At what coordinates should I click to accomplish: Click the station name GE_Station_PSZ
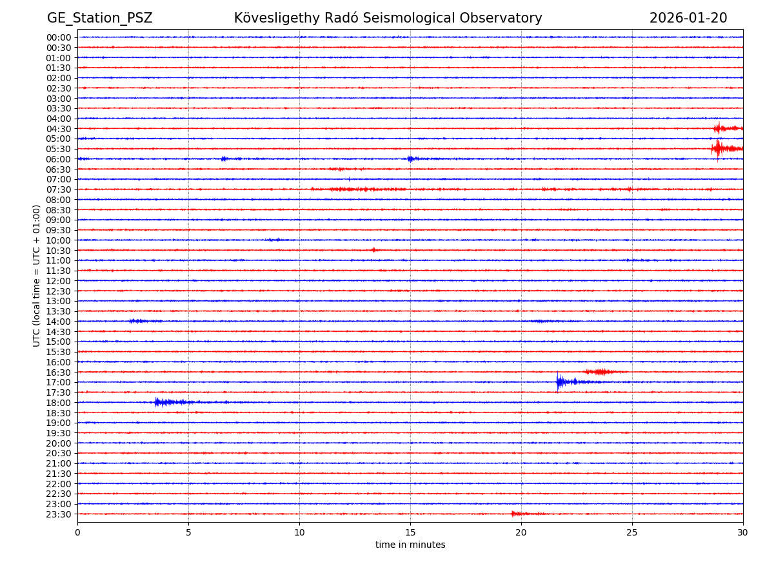click(99, 18)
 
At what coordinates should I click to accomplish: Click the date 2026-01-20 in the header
click(688, 18)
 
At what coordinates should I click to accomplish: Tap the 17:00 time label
click(59, 382)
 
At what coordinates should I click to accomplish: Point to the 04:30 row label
click(59, 128)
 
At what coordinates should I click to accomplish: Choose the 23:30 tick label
click(59, 514)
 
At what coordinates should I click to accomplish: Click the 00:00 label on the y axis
click(59, 37)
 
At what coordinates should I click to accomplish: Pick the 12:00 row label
click(59, 281)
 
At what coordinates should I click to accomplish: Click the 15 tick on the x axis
click(410, 532)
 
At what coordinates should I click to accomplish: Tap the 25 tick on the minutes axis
click(632, 532)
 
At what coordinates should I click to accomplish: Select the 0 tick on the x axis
click(77, 532)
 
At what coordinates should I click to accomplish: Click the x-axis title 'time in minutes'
click(410, 545)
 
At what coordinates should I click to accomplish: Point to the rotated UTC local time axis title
click(37, 275)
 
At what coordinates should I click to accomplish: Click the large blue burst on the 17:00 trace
click(560, 382)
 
